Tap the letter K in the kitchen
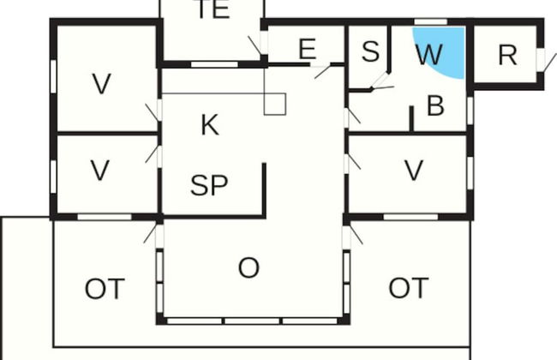[x=210, y=125]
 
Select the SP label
[x=209, y=185]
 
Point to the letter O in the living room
[x=249, y=267]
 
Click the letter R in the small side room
[x=507, y=55]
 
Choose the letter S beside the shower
[x=370, y=51]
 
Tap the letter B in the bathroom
[x=435, y=105]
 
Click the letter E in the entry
[x=308, y=49]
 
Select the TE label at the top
[x=213, y=9]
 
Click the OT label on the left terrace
[x=105, y=289]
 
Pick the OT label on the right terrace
[x=409, y=288]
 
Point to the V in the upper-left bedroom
[x=102, y=84]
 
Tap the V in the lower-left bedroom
[x=99, y=171]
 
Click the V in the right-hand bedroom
[x=414, y=171]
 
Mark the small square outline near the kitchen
[x=275, y=104]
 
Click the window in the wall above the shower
[x=431, y=22]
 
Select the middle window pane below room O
[x=252, y=321]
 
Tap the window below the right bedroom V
[x=410, y=217]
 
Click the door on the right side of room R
[x=541, y=60]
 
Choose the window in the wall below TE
[x=214, y=64]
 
